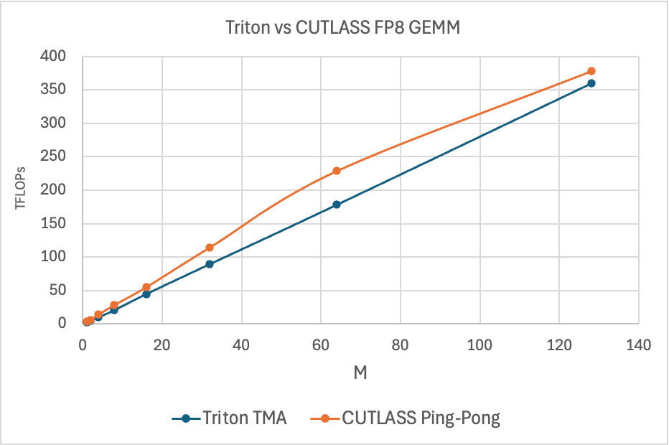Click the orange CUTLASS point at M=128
click(591, 71)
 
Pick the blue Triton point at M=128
click(591, 83)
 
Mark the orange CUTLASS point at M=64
click(337, 171)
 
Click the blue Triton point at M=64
click(337, 205)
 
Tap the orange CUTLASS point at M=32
click(210, 248)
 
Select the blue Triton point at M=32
click(210, 264)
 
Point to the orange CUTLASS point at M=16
click(146, 287)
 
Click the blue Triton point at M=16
click(146, 294)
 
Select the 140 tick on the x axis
click(639, 345)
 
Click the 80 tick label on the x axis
click(401, 345)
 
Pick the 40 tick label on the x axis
click(242, 345)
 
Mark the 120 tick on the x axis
click(559, 345)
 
